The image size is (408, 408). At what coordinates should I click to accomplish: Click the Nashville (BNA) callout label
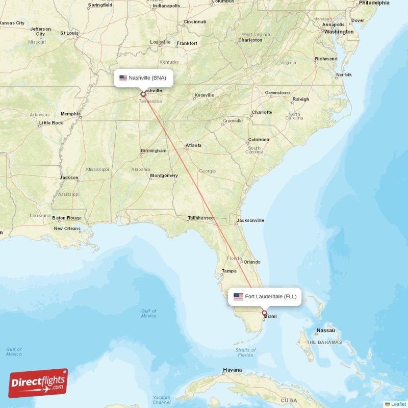[143, 78]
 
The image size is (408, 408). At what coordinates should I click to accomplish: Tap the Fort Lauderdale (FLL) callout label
[265, 296]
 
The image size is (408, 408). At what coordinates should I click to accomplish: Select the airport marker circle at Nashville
[143, 94]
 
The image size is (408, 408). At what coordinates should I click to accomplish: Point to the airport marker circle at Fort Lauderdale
[264, 313]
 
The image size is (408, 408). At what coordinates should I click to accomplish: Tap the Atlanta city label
[193, 145]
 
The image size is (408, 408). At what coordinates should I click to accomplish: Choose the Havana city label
[232, 370]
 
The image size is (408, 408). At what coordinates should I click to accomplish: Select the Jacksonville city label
[250, 220]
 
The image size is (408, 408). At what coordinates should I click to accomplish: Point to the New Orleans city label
[67, 228]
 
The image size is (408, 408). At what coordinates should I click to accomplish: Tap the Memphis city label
[70, 114]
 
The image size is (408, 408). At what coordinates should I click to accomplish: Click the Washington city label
[339, 32]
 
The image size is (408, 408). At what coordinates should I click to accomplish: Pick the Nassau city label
[325, 330]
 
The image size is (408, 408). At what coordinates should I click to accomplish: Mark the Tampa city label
[229, 271]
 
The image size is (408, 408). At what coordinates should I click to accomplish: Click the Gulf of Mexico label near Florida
[149, 313]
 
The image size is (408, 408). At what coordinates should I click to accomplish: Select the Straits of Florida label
[246, 352]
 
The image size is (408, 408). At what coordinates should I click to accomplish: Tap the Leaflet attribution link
[398, 404]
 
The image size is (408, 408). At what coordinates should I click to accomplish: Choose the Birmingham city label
[154, 150]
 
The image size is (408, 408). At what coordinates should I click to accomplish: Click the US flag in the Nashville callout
[123, 78]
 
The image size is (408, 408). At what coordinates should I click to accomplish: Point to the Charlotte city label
[262, 112]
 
